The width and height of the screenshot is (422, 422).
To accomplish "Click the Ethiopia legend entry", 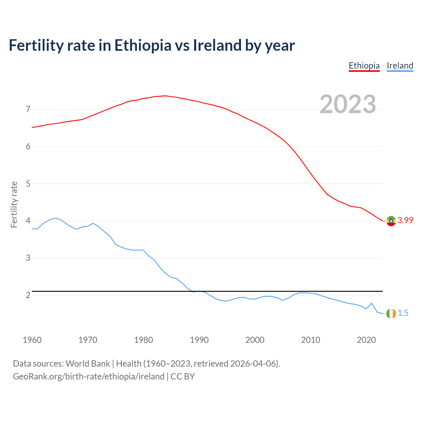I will click(364, 66).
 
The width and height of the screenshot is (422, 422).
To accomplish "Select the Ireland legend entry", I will click(400, 66).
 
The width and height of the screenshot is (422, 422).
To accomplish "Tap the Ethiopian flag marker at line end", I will click(391, 221).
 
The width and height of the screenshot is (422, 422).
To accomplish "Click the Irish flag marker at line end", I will click(391, 314).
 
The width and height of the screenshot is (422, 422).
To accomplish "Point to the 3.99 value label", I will click(405, 221).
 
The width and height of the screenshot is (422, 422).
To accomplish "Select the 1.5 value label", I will click(403, 313).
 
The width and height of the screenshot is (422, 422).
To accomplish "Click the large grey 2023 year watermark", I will click(347, 104).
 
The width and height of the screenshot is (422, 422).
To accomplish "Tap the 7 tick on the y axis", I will click(28, 109).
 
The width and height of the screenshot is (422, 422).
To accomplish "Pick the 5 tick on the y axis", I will click(28, 184).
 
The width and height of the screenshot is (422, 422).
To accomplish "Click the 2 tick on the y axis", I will click(28, 295).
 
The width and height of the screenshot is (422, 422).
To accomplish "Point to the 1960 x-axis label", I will click(32, 340).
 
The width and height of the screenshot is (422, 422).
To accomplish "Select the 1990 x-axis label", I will click(199, 340).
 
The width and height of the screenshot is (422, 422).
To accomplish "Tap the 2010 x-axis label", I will click(311, 340).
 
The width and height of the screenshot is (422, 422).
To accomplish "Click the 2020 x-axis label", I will click(366, 340).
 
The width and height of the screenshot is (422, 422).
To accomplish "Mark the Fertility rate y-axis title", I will click(14, 204).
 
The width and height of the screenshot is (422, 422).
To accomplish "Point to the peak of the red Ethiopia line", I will click(165, 96).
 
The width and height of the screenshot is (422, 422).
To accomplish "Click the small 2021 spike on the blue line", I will click(372, 303).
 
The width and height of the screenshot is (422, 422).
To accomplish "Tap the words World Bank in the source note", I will click(88, 364).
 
